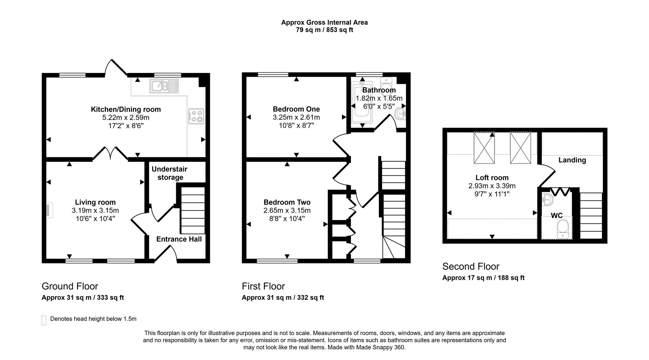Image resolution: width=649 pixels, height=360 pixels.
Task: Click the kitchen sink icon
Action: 164,86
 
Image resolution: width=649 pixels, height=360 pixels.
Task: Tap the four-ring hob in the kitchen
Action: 196,116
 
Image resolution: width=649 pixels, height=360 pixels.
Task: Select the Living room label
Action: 95,202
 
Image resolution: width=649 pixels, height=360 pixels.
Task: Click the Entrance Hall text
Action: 179,239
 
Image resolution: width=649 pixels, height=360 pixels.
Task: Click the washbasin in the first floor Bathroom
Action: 401,114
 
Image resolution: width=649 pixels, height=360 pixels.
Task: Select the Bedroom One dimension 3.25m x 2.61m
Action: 296,118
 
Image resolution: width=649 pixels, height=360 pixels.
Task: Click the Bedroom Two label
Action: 287,202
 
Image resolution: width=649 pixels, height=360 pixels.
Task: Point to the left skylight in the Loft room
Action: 484,148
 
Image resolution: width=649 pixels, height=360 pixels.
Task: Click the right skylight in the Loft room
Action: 521,148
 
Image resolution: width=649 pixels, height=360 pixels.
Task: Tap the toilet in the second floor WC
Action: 563,229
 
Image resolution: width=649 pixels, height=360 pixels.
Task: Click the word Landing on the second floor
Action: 572,160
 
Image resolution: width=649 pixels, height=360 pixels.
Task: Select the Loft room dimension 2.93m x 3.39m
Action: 492,186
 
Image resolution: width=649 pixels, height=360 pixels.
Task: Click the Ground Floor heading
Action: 70,286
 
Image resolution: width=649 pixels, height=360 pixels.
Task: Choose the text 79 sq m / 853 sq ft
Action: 324,30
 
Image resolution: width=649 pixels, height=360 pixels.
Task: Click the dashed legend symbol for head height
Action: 44,320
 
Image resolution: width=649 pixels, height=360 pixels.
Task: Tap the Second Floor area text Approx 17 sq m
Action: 483,278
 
